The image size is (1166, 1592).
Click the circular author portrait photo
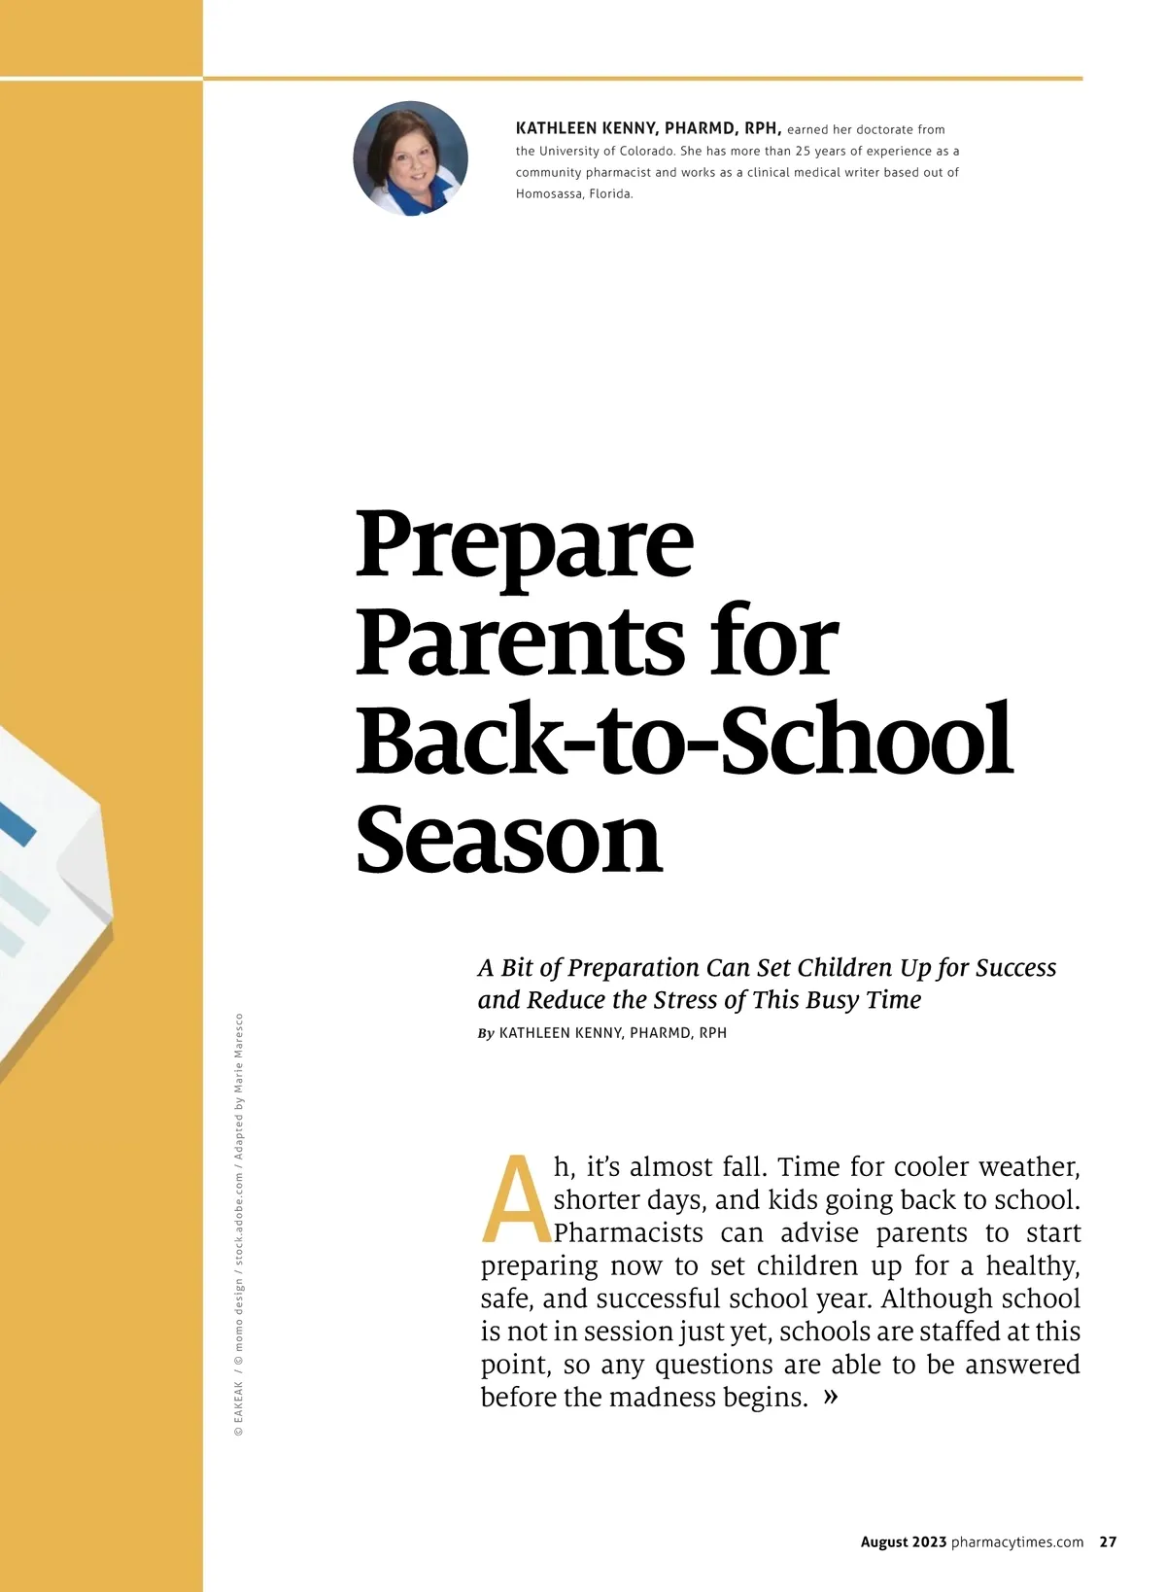(x=410, y=158)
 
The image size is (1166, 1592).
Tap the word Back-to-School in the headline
(x=684, y=741)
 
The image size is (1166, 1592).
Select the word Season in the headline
(x=508, y=839)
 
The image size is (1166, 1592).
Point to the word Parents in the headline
(x=520, y=641)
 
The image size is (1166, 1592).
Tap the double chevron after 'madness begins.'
(x=831, y=1397)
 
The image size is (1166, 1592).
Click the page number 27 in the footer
(x=1108, y=1541)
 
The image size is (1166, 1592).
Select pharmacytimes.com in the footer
(x=1017, y=1541)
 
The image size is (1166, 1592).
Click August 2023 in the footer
(x=903, y=1541)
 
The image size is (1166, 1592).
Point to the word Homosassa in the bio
(x=548, y=193)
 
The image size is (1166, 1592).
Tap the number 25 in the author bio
(x=804, y=151)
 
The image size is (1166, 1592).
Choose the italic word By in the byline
(x=486, y=1033)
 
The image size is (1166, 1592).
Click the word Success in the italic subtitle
(x=1015, y=968)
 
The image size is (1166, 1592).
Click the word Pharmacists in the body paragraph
(x=629, y=1233)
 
